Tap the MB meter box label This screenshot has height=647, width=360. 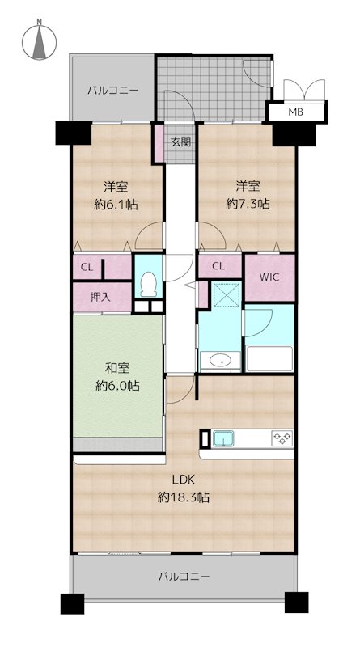[296, 112]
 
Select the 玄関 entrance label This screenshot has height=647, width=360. [180, 142]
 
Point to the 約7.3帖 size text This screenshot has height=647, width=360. [248, 205]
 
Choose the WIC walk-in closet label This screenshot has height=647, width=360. [269, 277]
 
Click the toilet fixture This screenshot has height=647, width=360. [147, 283]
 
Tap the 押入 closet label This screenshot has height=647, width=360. [100, 297]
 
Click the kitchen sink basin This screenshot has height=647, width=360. [223, 439]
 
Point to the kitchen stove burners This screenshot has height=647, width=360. [282, 439]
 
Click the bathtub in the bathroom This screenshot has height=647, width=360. [269, 357]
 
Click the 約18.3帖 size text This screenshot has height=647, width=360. [184, 498]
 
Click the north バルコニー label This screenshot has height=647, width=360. [112, 91]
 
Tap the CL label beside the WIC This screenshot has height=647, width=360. [218, 266]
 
